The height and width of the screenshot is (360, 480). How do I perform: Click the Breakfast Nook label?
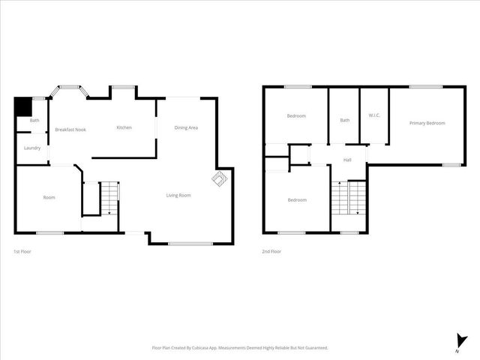point(70,130)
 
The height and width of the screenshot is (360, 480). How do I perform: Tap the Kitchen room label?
point(124,127)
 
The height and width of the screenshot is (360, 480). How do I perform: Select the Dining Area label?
point(186,127)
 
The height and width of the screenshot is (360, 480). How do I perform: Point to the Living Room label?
point(178,196)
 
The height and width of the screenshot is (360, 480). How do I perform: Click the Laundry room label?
point(32,148)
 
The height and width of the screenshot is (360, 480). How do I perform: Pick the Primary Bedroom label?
point(427,123)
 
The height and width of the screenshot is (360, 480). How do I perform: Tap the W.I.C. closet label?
point(375,115)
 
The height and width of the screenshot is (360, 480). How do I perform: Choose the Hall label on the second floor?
point(347,160)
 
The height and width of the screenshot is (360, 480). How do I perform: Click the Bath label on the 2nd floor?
point(344,120)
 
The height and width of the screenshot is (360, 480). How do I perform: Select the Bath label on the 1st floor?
point(34,120)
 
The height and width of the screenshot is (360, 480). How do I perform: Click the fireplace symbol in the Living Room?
point(219,180)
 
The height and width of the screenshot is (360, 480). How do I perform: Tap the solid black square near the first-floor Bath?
point(23,106)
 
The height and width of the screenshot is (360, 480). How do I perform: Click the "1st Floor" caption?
point(22,251)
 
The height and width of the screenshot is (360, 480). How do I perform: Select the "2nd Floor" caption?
point(271,251)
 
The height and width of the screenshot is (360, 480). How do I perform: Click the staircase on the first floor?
point(109,198)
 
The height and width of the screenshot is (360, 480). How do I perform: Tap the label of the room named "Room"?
point(49,197)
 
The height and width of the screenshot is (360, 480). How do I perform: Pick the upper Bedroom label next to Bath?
point(297,115)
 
